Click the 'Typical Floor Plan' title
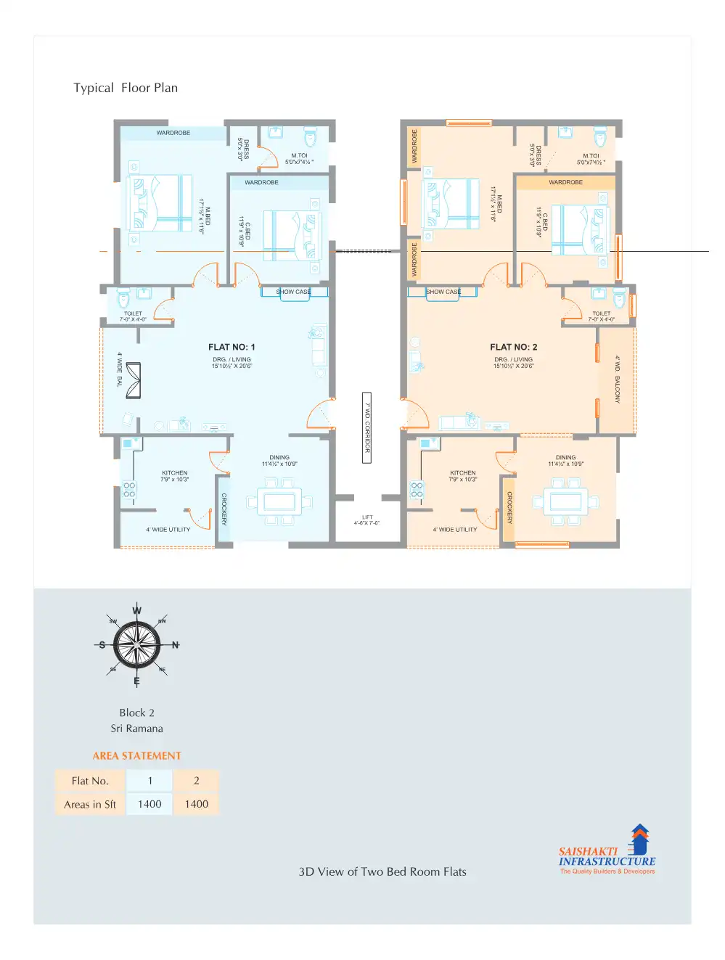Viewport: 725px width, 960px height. [126, 88]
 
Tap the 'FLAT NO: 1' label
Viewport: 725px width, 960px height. [232, 347]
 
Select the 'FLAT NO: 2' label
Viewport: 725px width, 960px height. [513, 347]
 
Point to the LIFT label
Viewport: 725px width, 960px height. [367, 520]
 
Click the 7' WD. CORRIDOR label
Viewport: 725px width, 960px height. [367, 427]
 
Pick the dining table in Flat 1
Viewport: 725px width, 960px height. [279, 502]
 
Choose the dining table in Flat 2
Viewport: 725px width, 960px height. [565, 502]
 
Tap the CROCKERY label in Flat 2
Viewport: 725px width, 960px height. [509, 508]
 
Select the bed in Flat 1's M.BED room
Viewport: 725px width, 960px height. [160, 203]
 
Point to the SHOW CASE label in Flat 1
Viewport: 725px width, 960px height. [294, 292]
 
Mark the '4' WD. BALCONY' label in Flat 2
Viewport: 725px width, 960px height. [617, 379]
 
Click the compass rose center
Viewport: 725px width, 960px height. [136, 644]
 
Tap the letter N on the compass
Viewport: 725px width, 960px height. [175, 644]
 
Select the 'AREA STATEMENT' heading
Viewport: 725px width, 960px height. [136, 755]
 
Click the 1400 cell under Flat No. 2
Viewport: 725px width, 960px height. [196, 804]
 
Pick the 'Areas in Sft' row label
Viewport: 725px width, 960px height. [90, 804]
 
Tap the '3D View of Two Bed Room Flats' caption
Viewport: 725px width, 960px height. [382, 871]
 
